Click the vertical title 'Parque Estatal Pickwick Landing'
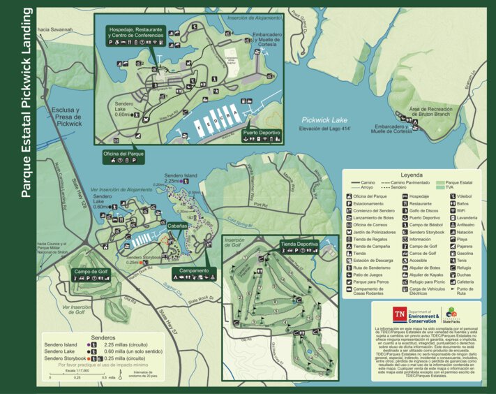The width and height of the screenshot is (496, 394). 25,103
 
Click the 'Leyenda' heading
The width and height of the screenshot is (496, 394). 412,176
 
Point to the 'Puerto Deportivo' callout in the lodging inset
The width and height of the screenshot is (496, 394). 262,134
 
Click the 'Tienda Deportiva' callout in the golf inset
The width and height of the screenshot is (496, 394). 299,246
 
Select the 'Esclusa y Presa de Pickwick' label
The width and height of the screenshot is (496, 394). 68,117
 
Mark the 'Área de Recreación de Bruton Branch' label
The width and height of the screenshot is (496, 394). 436,112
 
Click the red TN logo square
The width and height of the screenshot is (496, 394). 399,314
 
